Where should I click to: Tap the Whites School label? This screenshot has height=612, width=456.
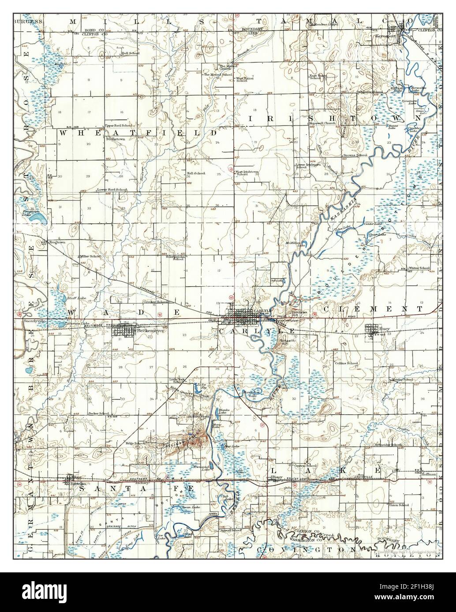(419, 268)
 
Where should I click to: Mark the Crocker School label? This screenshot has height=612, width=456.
(156, 302)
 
